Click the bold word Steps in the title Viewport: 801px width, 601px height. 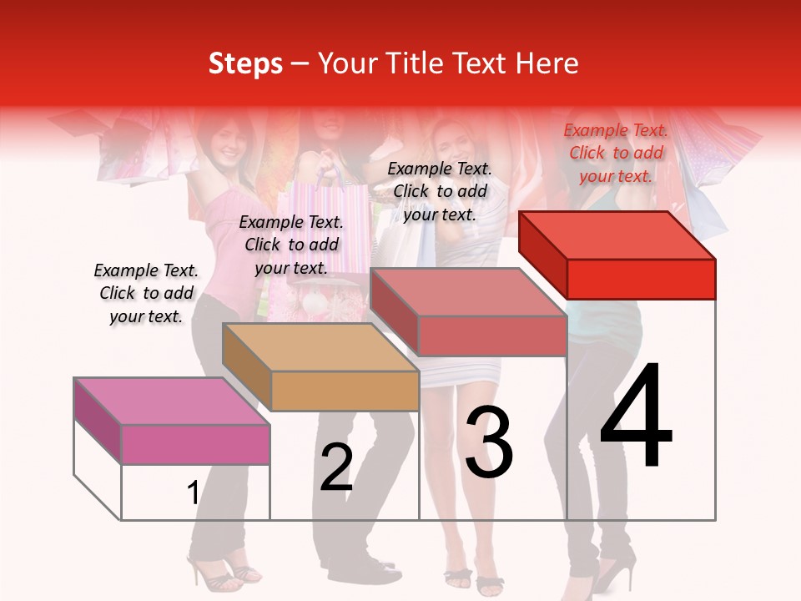[245, 63]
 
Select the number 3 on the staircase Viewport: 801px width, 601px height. [489, 442]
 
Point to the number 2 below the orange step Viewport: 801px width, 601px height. [336, 467]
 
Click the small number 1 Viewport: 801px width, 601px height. [193, 493]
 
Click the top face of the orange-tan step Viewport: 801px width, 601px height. [320, 346]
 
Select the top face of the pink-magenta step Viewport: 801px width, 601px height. [172, 401]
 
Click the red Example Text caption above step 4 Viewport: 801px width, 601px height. [616, 153]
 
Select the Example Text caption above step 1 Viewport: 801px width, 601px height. [146, 293]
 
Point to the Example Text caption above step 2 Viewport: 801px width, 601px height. [291, 245]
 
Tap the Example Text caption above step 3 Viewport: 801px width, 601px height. [440, 191]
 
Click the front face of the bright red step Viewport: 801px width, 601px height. [641, 279]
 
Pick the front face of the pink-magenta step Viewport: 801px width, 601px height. [195, 444]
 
